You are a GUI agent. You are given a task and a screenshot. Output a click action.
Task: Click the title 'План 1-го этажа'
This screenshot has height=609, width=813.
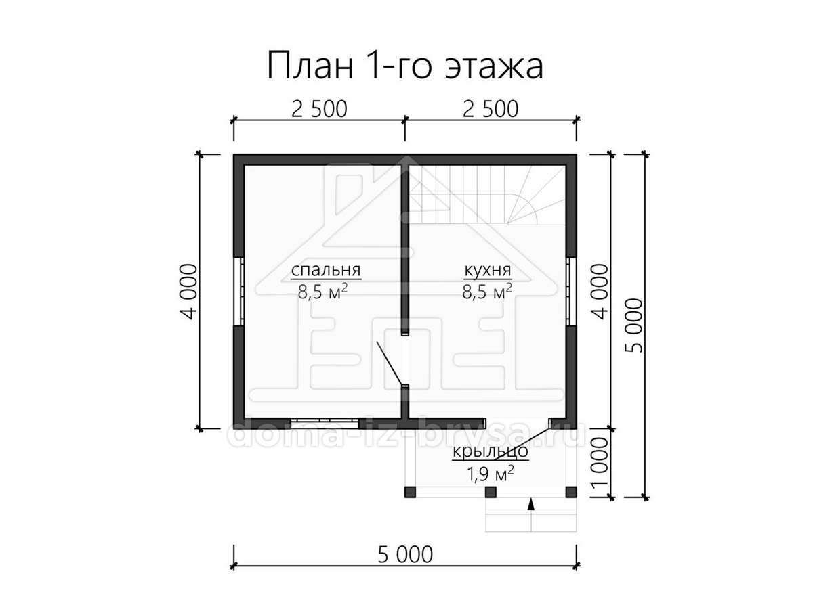click(x=405, y=66)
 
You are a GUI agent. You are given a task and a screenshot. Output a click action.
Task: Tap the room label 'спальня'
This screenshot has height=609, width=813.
click(x=326, y=270)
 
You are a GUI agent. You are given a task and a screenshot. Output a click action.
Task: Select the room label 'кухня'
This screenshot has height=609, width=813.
click(x=487, y=270)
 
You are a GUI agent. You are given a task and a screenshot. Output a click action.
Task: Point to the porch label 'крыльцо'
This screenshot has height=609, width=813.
click(x=490, y=452)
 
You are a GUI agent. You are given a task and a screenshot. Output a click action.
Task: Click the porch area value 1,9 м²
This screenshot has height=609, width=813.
click(x=491, y=474)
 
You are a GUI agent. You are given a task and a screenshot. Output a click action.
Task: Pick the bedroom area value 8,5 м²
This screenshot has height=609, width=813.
click(x=323, y=292)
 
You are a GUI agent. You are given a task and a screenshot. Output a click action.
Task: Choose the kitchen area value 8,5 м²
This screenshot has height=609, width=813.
click(x=487, y=292)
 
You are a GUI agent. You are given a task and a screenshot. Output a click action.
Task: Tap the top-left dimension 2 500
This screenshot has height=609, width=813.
click(x=319, y=109)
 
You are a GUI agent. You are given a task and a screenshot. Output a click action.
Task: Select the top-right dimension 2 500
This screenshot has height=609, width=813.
click(x=491, y=109)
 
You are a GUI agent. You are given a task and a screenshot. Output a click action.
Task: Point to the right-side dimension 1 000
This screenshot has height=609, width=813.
click(x=600, y=463)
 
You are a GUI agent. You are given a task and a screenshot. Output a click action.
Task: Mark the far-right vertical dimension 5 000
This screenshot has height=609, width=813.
click(x=634, y=325)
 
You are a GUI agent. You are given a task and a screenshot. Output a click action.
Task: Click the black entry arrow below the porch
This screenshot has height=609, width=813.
click(x=531, y=504)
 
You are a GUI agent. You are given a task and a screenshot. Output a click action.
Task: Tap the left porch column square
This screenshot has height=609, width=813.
click(x=410, y=492)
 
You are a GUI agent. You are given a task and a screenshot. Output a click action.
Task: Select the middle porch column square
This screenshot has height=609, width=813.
click(x=491, y=492)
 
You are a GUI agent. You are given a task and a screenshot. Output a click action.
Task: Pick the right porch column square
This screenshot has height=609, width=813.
click(x=571, y=492)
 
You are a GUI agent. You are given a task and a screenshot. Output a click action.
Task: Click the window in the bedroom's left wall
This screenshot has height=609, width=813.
click(x=238, y=292)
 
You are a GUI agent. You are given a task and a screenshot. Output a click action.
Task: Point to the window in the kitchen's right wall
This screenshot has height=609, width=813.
click(x=571, y=292)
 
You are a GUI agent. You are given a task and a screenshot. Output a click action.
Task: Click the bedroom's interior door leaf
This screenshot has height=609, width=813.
click(x=390, y=363)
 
